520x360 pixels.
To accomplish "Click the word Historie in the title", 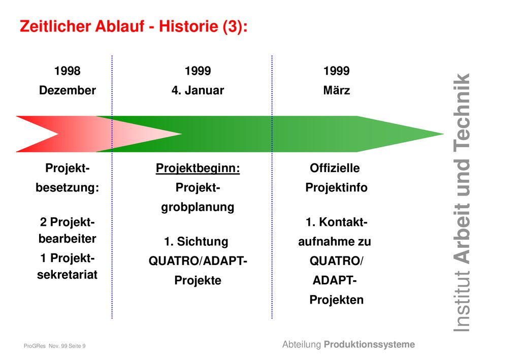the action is click(x=188, y=26).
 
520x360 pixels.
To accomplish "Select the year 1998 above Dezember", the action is click(x=68, y=71).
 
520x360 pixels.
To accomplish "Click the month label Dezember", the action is click(x=68, y=90).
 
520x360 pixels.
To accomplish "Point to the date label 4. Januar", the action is click(x=198, y=90).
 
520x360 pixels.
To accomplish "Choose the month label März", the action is click(x=337, y=90).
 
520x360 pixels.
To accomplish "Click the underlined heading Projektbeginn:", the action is click(x=198, y=169).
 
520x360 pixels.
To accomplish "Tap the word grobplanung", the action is click(x=198, y=208).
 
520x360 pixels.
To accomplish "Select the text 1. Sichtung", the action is click(x=197, y=242).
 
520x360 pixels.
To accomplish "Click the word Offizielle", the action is click(x=335, y=168).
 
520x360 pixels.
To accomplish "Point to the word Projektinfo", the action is click(x=336, y=188).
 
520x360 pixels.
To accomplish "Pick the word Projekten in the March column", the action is click(x=336, y=300).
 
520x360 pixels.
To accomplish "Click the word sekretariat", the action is click(x=68, y=275).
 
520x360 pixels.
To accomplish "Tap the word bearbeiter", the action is click(x=68, y=239).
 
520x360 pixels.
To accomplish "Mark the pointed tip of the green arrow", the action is click(x=443, y=134).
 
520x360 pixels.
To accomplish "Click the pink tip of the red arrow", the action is click(x=181, y=134).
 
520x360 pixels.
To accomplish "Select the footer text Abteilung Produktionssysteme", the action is click(x=348, y=344).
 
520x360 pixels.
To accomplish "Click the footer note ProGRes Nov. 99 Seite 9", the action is click(x=55, y=346).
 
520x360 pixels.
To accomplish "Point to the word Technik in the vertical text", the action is click(x=462, y=111).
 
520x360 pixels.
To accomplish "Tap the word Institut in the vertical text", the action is click(x=462, y=301).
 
